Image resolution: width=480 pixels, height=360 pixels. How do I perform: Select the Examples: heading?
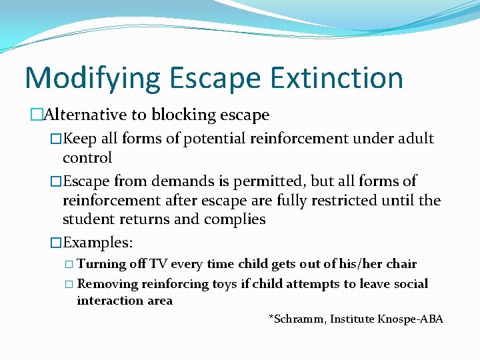pos(97,243)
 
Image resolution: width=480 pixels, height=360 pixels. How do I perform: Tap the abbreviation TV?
pos(159,264)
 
